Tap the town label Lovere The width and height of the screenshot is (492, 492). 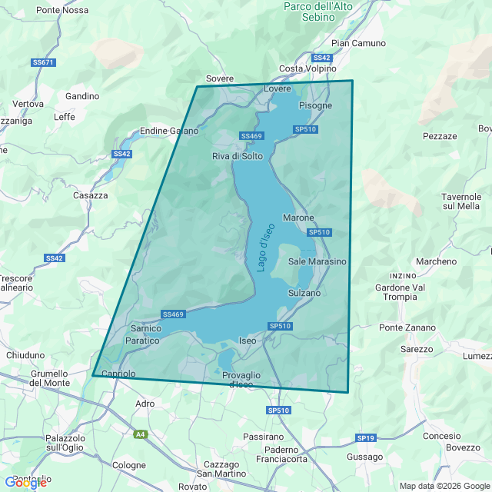coord(278,89)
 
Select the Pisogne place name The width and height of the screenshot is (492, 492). coord(315,105)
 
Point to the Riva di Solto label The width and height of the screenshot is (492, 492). coord(238,156)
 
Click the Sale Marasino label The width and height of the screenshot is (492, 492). coord(317,261)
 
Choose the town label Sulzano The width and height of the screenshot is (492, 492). coord(304,293)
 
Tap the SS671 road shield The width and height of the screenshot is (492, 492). coord(44,62)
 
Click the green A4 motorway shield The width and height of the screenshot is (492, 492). coord(140,434)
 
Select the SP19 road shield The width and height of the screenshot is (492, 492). coord(365,437)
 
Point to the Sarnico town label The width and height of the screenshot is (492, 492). coord(146,328)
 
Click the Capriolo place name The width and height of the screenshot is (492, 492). coord(118,374)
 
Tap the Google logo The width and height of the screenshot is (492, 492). coord(25,482)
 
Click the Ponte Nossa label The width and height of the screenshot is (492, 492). coord(62,10)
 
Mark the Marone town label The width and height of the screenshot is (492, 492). coord(298,218)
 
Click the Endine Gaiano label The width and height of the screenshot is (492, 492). coord(169,131)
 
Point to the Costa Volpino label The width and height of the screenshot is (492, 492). coord(307,68)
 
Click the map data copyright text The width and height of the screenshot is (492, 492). coord(444,485)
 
